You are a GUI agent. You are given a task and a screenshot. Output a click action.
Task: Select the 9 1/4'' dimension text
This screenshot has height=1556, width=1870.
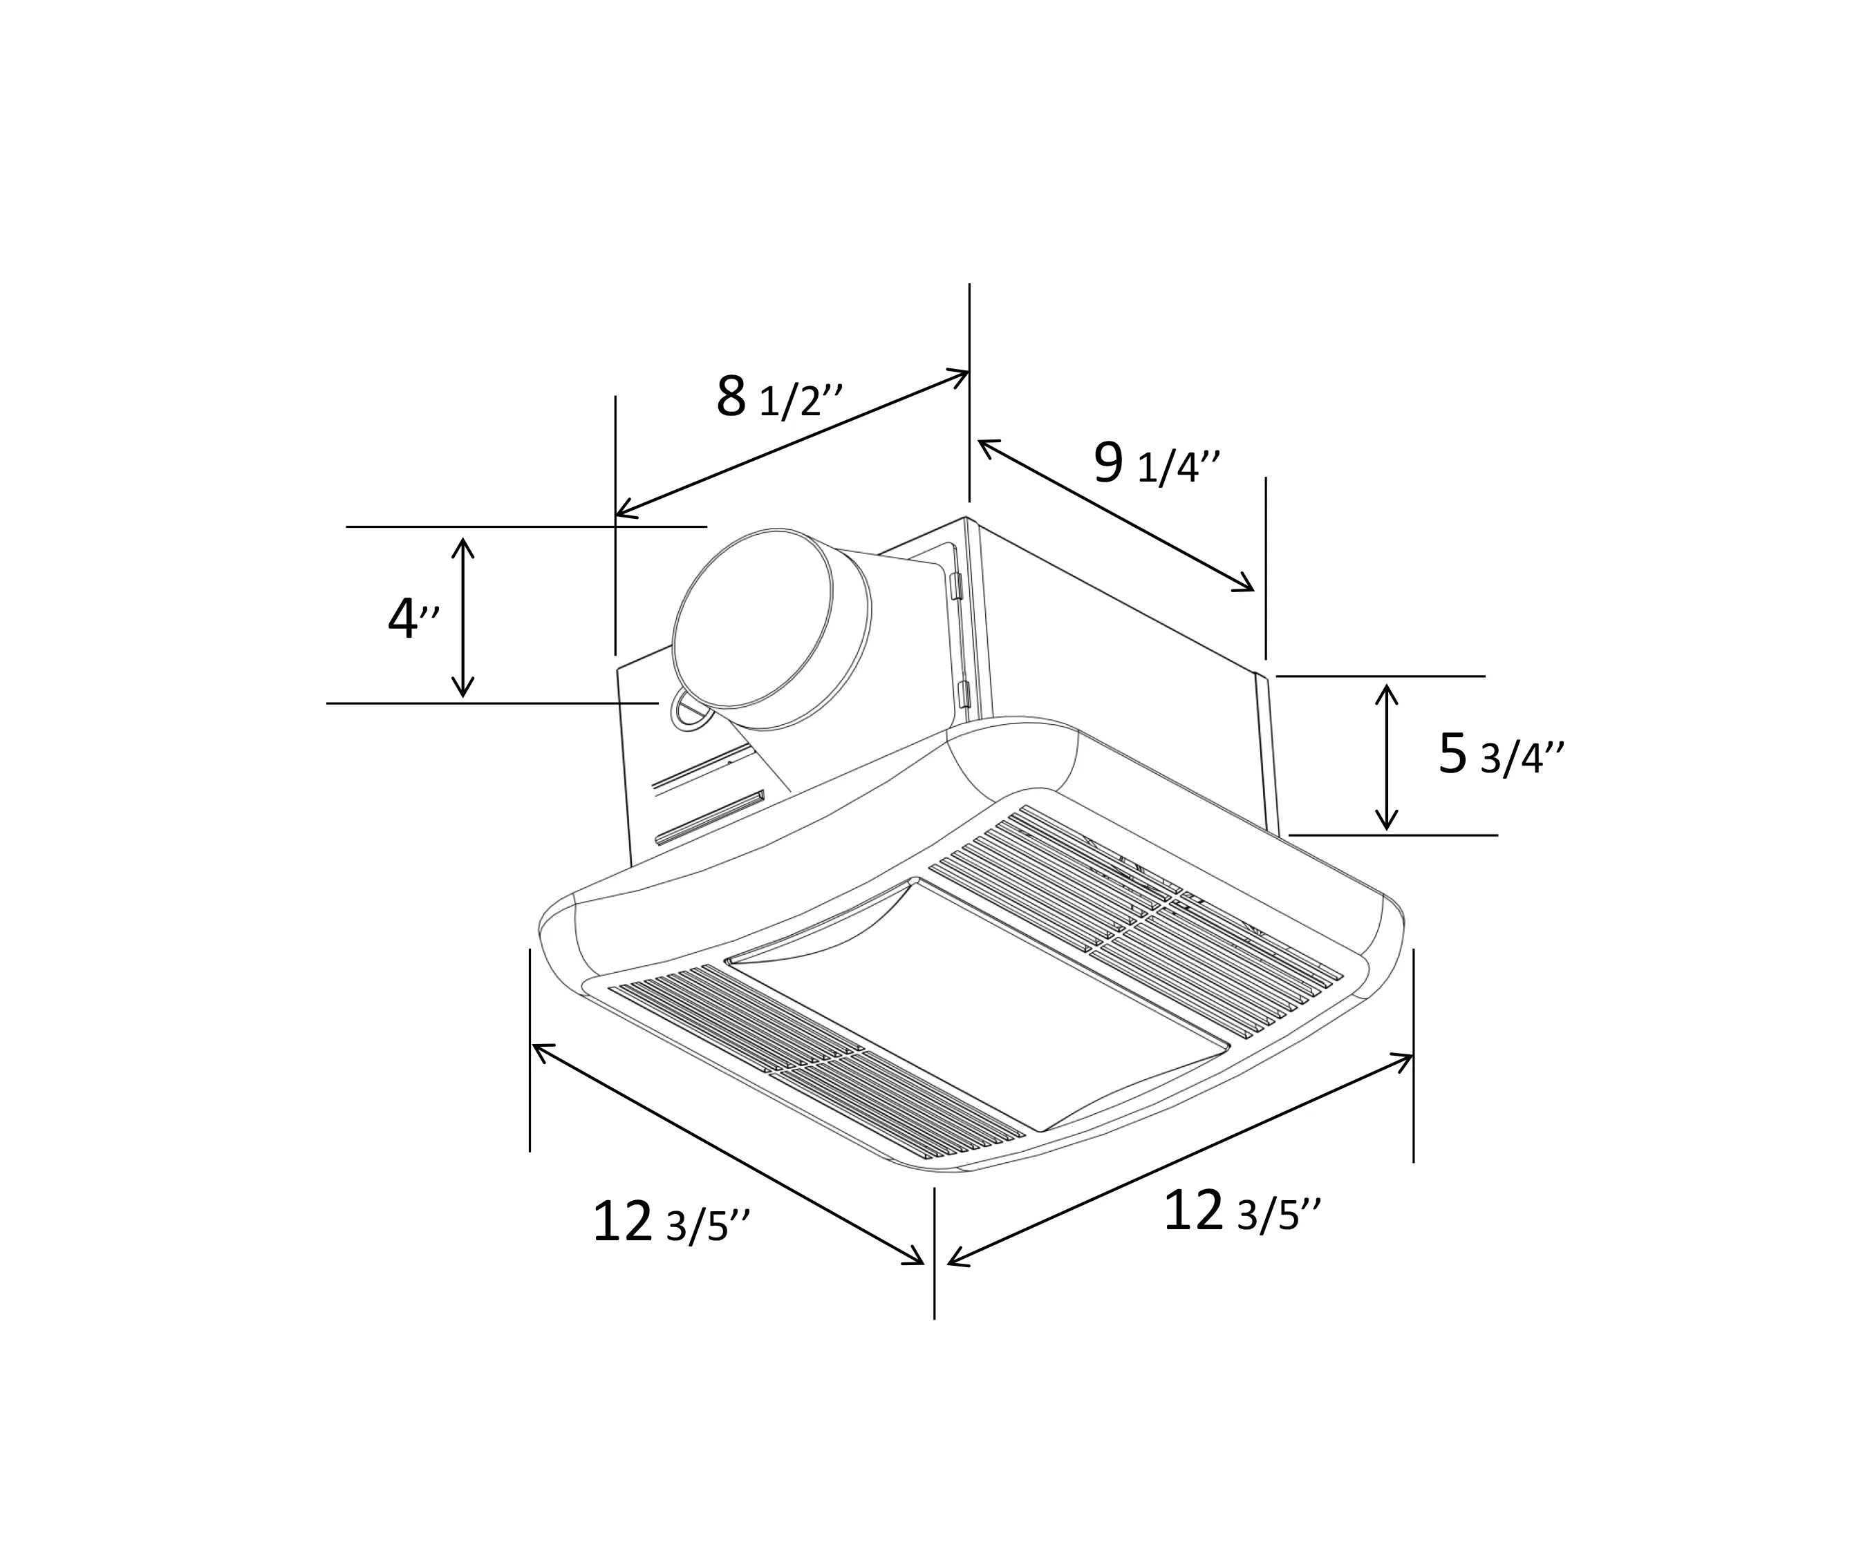[1155, 465]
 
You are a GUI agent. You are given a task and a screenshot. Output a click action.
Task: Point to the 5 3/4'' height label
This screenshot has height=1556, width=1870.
[1500, 755]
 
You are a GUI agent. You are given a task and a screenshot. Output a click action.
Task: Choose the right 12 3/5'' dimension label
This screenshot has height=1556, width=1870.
[1242, 1213]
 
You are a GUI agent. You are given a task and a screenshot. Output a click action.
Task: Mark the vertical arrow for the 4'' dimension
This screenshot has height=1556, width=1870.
[462, 617]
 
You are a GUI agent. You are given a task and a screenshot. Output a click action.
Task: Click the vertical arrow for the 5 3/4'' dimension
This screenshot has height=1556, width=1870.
[1385, 757]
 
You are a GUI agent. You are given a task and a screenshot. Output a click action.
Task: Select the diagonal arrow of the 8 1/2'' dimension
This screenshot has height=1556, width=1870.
[792, 442]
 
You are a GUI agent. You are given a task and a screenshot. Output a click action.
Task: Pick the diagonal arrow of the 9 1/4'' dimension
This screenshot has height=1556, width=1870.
[1116, 515]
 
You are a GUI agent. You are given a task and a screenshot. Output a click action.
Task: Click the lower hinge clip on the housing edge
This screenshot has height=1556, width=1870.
[962, 695]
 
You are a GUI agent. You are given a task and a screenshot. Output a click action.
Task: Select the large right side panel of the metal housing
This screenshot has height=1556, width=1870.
[1122, 676]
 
